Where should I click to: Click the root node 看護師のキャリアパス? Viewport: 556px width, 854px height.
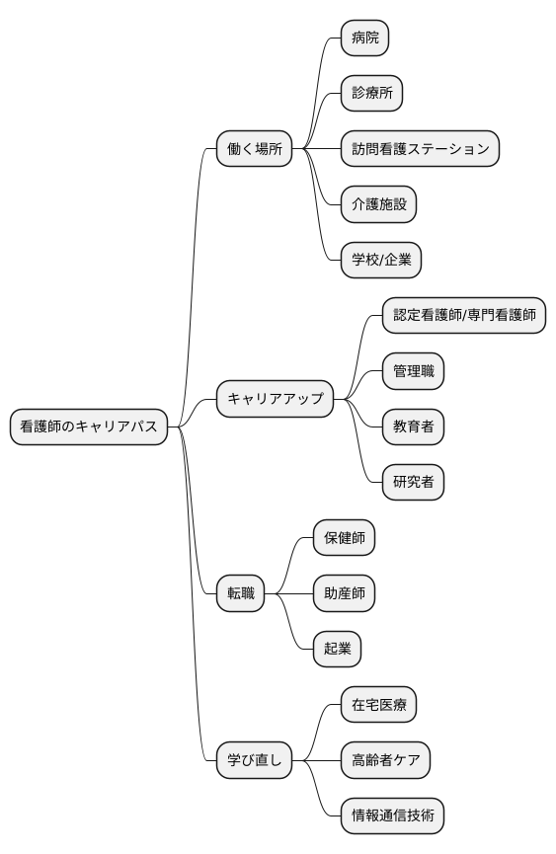[89, 427]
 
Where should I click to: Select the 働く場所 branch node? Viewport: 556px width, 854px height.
[255, 149]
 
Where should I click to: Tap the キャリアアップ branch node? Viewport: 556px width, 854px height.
[276, 399]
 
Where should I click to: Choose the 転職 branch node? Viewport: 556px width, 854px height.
[241, 593]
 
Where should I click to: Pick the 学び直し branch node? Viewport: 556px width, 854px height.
[255, 760]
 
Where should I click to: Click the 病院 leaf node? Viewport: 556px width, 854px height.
[364, 39]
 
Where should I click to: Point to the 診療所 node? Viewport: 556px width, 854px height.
[371, 94]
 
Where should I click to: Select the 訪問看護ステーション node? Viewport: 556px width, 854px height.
[420, 149]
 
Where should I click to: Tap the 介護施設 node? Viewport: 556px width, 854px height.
[378, 204]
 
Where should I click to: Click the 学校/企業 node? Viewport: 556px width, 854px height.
[381, 261]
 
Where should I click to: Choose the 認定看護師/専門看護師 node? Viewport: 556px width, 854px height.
[464, 316]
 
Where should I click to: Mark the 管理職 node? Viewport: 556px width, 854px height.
[413, 371]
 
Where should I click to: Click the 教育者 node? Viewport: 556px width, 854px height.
[413, 427]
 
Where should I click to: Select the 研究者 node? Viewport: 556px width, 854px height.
[413, 482]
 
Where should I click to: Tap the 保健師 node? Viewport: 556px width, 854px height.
[344, 538]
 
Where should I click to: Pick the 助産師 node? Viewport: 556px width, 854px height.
[344, 593]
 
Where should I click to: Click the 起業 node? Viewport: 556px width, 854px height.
[337, 649]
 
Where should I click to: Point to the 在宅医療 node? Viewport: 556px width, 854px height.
[378, 705]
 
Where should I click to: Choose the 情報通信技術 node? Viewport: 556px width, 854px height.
[392, 815]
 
